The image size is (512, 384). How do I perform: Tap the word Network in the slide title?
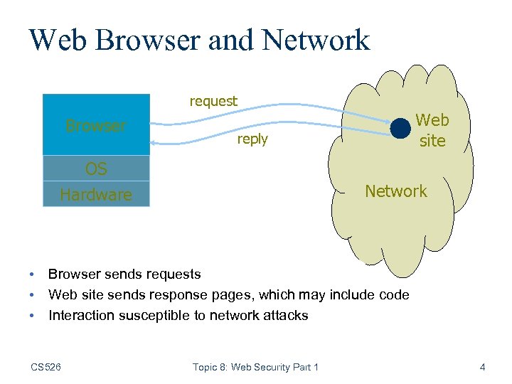click(x=316, y=40)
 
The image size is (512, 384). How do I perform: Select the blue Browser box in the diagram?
click(x=96, y=125)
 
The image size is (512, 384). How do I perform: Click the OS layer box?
click(x=96, y=169)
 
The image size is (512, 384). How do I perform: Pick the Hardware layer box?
click(x=96, y=194)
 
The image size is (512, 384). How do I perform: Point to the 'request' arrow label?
click(x=213, y=101)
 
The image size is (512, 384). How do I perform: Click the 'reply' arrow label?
click(x=252, y=139)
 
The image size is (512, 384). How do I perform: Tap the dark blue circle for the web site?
click(x=401, y=128)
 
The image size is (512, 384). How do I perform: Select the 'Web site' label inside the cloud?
click(x=432, y=130)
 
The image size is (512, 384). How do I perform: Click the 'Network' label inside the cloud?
click(x=396, y=191)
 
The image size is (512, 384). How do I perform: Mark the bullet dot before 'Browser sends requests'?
click(x=32, y=274)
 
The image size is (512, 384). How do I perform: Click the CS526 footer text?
click(x=46, y=367)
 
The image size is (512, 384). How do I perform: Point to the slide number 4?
click(x=483, y=367)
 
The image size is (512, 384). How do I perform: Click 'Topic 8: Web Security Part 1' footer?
click(x=255, y=367)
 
